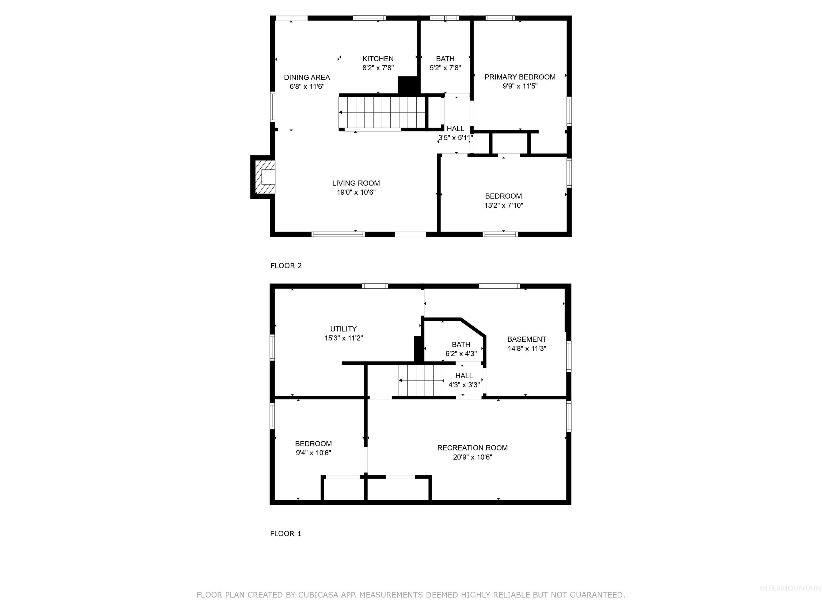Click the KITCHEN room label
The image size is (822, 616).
click(378, 59)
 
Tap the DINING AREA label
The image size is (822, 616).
click(307, 77)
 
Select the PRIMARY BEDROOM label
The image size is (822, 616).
click(520, 77)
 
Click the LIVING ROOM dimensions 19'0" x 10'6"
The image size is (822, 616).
click(356, 192)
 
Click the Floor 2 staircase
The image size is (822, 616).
click(383, 112)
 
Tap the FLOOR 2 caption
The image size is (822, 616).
click(286, 265)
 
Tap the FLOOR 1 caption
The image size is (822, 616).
click(286, 534)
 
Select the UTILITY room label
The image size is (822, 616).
click(343, 329)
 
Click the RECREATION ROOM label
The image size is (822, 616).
click(472, 448)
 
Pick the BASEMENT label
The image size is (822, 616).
click(527, 339)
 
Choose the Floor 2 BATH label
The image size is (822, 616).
click(445, 59)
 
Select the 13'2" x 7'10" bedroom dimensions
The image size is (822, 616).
click(504, 205)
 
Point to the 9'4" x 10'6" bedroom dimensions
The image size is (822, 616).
click(313, 453)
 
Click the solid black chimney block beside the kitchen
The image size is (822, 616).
click(408, 85)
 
